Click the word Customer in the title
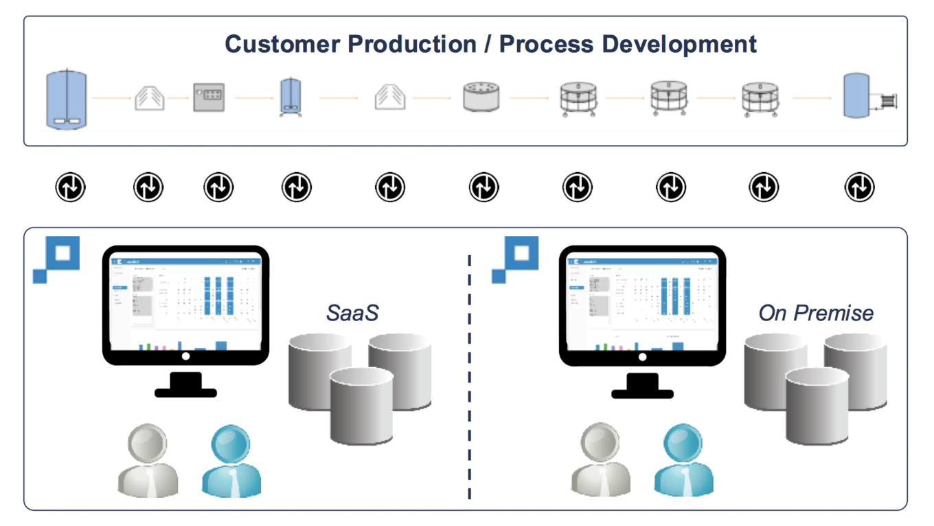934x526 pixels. point(282,44)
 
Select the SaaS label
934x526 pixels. point(352,313)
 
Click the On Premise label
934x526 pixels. point(816,313)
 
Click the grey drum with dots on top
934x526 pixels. point(481,97)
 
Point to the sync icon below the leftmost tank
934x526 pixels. point(70,186)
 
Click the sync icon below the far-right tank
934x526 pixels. point(858,186)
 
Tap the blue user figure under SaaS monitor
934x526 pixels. point(231,461)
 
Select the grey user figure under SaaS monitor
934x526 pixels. point(148,461)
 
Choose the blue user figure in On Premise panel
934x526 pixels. point(683,461)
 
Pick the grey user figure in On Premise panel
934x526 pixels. point(600,461)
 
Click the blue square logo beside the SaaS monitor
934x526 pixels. point(58,259)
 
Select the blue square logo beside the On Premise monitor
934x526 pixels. point(516,259)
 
